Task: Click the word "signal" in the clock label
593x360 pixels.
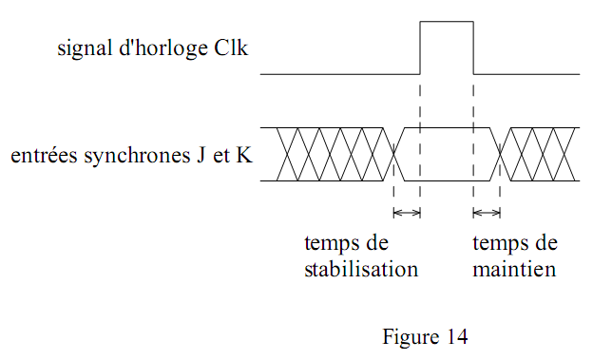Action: tap(81, 47)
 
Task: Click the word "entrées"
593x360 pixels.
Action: tap(39, 154)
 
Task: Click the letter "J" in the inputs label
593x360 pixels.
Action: tap(201, 154)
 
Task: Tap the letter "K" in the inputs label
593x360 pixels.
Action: tap(244, 154)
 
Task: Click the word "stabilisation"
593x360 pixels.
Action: tap(361, 269)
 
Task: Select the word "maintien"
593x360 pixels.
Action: tap(514, 269)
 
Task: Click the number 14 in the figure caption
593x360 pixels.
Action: tap(457, 336)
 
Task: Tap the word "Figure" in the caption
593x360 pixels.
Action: tap(411, 336)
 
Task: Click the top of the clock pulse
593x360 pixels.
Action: tap(447, 21)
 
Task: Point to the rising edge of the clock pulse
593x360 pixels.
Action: tap(420, 47)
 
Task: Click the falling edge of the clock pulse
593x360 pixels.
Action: tap(473, 47)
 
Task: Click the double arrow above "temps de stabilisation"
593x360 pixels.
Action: tap(407, 212)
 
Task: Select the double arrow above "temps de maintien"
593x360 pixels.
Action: tap(487, 212)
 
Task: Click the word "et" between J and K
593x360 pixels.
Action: tap(220, 154)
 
